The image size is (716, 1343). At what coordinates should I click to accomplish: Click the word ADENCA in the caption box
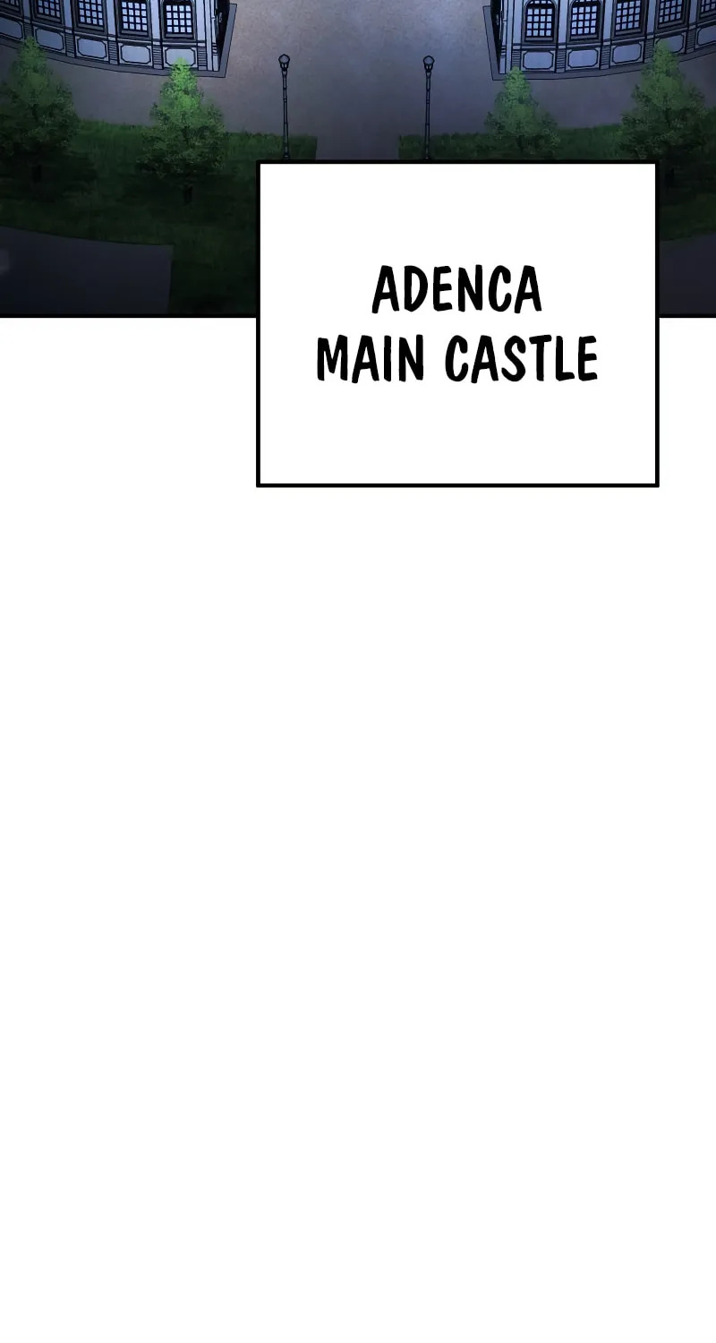tap(456, 290)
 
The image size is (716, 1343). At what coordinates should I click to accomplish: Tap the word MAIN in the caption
tap(371, 358)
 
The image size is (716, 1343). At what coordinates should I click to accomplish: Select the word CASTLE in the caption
tap(521, 358)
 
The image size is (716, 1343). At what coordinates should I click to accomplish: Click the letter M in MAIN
tap(337, 358)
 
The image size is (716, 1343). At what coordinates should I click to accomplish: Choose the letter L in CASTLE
tap(562, 358)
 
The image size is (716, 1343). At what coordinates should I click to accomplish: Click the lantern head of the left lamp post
tap(284, 61)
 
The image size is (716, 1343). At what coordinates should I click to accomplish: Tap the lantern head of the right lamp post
tap(429, 63)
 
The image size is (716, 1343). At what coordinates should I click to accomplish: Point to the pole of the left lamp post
tap(286, 114)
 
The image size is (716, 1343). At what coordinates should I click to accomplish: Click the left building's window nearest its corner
tap(178, 19)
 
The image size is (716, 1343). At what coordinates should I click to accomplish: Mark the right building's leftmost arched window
tap(540, 18)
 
